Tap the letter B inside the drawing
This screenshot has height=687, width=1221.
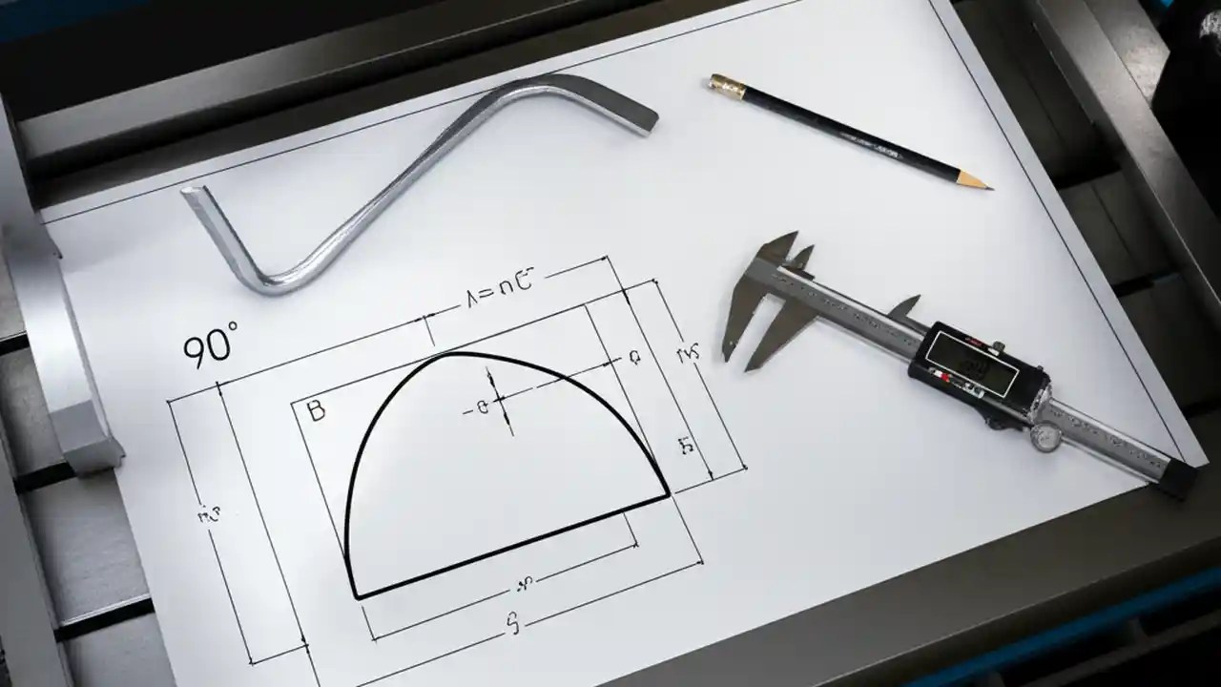[317, 411]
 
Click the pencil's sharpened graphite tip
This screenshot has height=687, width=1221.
[984, 185]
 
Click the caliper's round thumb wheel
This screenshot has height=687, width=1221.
[1045, 437]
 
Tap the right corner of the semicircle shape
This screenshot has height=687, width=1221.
[667, 493]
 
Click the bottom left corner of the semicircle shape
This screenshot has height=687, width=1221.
[356, 596]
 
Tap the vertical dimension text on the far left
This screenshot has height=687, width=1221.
[208, 516]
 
